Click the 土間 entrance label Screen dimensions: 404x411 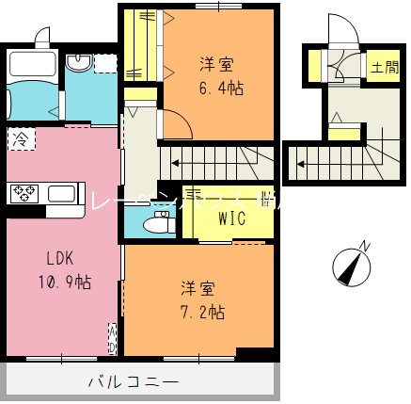tap(383, 68)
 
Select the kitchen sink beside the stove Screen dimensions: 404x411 tap(60, 194)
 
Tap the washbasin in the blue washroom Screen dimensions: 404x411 tap(82, 63)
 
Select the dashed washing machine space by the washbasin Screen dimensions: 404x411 tap(105, 64)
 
